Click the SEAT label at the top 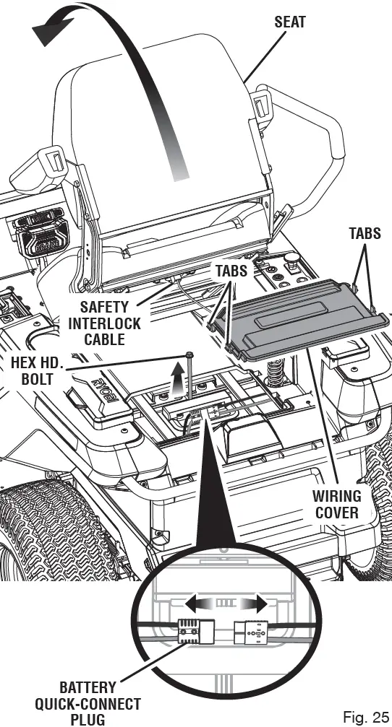(290, 22)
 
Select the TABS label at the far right (365, 234)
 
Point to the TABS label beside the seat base (232, 271)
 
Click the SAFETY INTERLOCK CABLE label (105, 323)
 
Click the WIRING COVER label (336, 504)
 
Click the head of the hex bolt (189, 354)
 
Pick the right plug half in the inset (252, 632)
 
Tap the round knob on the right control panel (293, 257)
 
